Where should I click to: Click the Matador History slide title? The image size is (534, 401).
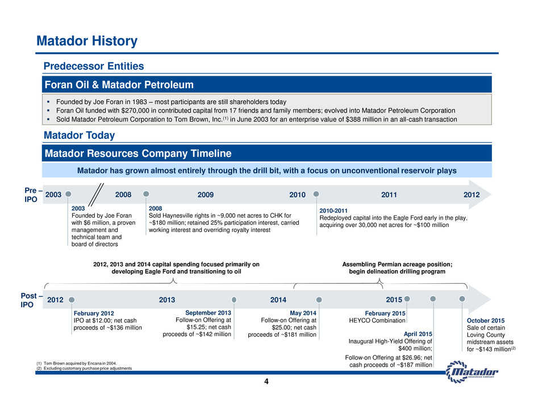pyautogui.click(x=87, y=41)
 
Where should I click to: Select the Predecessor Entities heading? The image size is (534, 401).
pyautogui.click(x=94, y=66)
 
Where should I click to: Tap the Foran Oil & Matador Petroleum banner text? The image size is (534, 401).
pyautogui.click(x=119, y=85)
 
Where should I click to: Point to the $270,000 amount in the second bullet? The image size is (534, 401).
pyautogui.click(x=135, y=110)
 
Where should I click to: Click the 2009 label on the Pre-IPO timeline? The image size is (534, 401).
pyautogui.click(x=205, y=195)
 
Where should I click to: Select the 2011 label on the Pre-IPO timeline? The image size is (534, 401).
pyautogui.click(x=389, y=195)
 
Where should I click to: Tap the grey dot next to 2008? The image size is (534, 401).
pyautogui.click(x=146, y=194)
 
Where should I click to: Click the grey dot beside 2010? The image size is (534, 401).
pyautogui.click(x=316, y=194)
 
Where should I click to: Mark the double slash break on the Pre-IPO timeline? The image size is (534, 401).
pyautogui.click(x=96, y=195)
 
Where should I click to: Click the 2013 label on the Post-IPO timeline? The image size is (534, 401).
pyautogui.click(x=167, y=300)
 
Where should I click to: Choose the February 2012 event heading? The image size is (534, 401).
pyautogui.click(x=94, y=313)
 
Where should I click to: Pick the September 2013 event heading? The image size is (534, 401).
pyautogui.click(x=208, y=313)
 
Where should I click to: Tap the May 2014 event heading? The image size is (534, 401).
pyautogui.click(x=303, y=313)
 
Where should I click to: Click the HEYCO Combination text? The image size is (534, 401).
pyautogui.click(x=377, y=321)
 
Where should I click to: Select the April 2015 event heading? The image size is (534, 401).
pyautogui.click(x=418, y=334)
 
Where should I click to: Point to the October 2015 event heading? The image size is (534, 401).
pyautogui.click(x=486, y=321)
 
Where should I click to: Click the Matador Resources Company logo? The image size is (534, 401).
pyautogui.click(x=472, y=371)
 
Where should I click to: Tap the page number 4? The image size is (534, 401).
pyautogui.click(x=266, y=382)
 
